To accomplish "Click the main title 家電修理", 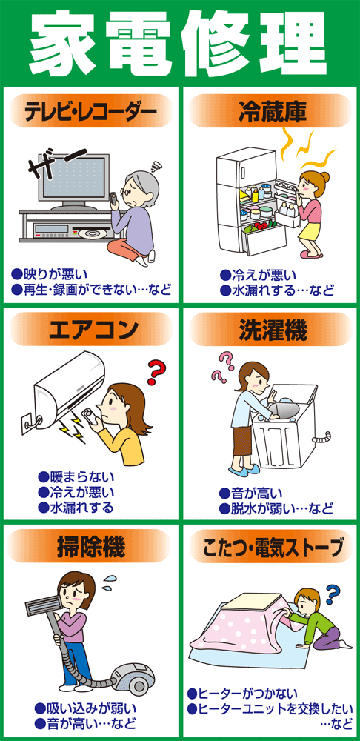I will coord(180,41).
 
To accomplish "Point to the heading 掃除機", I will coord(90,548).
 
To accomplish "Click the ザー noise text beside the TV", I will coord(46,168).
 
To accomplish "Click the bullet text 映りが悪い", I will coord(56,273).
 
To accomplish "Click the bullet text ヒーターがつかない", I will coord(244,693).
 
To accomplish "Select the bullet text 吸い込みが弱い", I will coord(81,708).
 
